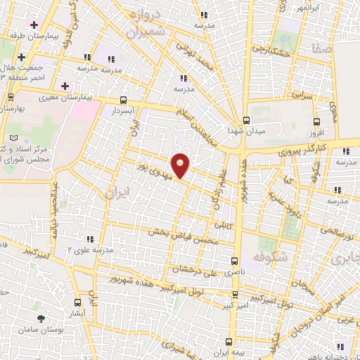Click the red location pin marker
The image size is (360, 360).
[181, 166]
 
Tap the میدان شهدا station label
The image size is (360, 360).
[245, 131]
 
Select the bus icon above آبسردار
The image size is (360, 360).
[124, 100]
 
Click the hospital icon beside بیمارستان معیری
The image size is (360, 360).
[65, 86]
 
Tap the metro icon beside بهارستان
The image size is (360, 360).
[10, 98]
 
